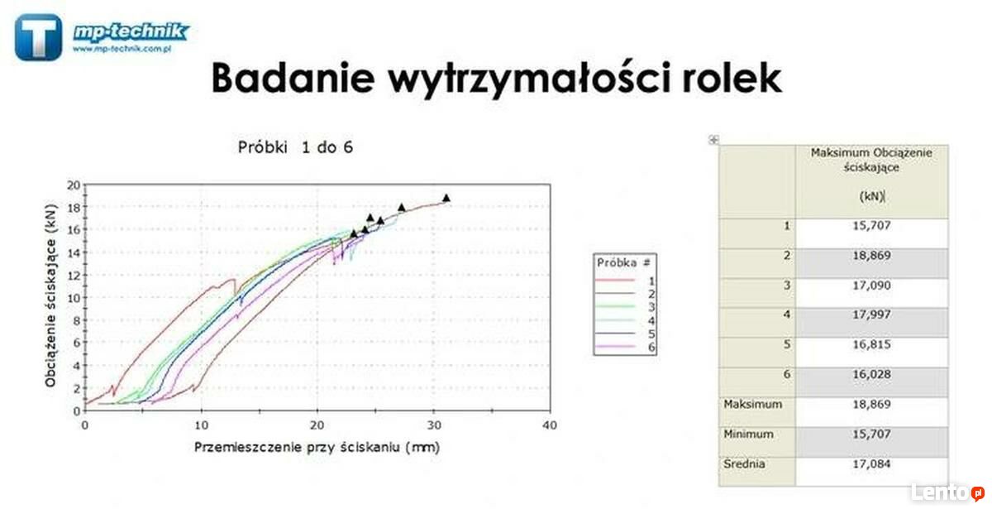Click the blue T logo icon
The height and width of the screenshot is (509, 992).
pos(38,36)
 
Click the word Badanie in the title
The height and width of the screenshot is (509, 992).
pos(293,78)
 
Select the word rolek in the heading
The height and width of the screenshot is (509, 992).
pos(732,78)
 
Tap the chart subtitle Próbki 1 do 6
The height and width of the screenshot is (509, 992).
pos(295,147)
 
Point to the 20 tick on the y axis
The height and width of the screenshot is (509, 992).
pos(74,185)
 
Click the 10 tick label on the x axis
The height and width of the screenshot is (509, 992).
pos(201,425)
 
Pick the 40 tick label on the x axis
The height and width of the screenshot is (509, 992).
pos(550,425)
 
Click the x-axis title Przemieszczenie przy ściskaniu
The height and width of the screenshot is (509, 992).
pos(317,447)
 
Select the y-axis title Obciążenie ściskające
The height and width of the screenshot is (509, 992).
pos(51,295)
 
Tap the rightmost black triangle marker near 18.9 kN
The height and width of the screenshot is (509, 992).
pos(446,198)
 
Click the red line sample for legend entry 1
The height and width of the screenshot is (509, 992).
pos(615,281)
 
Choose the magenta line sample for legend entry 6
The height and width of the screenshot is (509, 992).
pos(615,347)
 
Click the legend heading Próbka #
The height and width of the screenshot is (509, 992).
pos(623,262)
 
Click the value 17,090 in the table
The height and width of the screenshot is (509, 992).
pos(871,285)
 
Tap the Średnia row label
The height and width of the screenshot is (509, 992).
pos(745,463)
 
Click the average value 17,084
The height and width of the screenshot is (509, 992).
pos(871,463)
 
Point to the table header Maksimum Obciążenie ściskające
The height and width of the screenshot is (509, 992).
pos(871,160)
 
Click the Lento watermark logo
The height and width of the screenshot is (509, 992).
pos(948,492)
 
